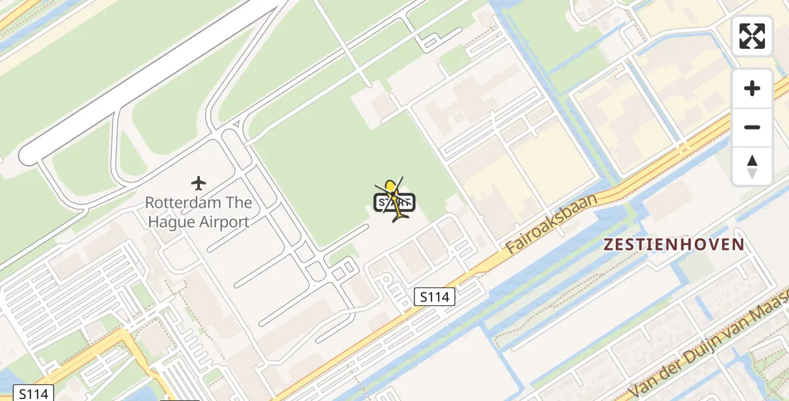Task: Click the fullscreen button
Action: [752, 36]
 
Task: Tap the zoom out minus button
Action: [752, 127]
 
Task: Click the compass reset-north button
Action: [752, 166]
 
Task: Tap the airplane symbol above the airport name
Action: [198, 182]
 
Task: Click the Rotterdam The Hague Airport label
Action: [199, 213]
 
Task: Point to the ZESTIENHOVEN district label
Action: [673, 245]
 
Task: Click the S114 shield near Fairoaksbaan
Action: [435, 297]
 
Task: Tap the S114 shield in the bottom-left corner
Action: [33, 393]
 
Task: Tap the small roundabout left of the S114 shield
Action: [386, 281]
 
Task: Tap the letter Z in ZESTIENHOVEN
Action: [608, 245]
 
